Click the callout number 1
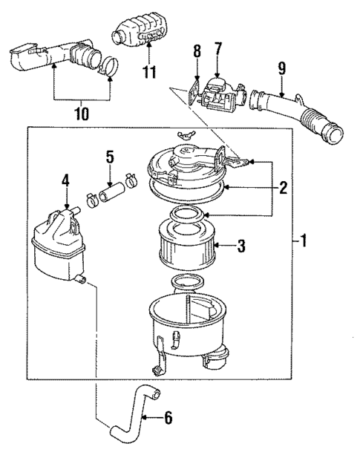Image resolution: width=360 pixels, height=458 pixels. [307, 241]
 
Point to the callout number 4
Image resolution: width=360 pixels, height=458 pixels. [65, 180]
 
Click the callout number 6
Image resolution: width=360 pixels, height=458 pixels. [168, 419]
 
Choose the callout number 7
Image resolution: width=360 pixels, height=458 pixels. [217, 49]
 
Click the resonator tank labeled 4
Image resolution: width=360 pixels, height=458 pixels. [59, 241]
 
